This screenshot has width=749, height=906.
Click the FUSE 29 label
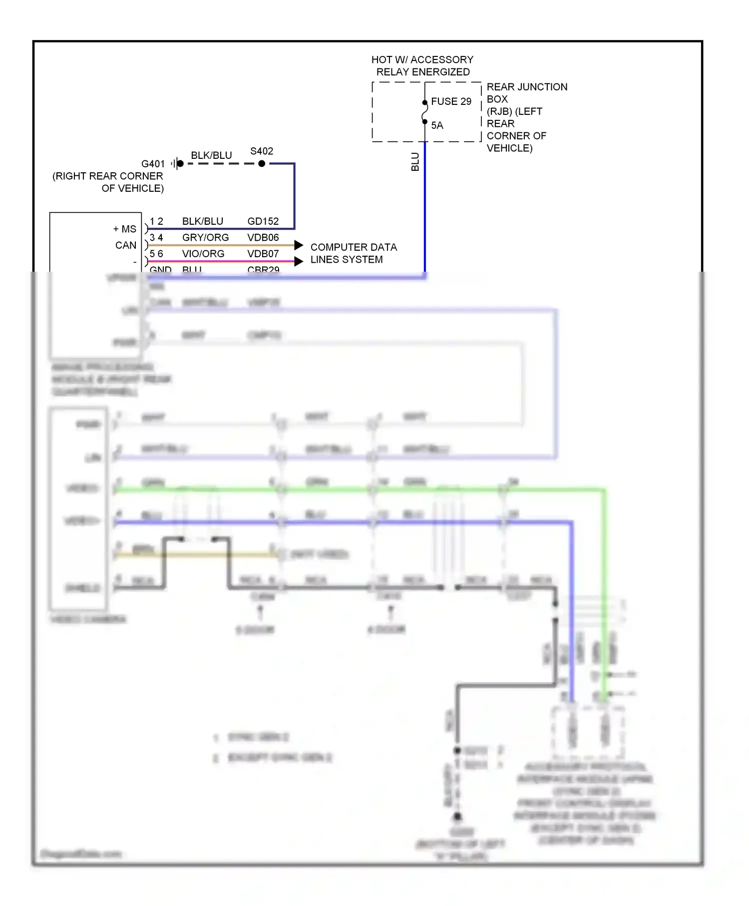451,101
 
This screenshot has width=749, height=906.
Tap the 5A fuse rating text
437,125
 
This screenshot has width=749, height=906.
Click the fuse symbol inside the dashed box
425,112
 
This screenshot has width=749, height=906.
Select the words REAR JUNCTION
527,87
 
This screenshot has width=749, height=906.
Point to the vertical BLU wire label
415,162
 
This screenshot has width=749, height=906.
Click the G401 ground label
153,164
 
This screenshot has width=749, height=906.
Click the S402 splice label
262,151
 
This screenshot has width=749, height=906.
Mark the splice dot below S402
262,163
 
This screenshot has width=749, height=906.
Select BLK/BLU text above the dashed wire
211,155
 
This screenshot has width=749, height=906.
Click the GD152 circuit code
263,221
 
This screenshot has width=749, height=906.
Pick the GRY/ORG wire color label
205,237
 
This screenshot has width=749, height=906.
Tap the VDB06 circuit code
263,237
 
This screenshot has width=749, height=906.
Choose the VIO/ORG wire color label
203,254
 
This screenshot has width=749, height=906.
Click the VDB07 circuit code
263,254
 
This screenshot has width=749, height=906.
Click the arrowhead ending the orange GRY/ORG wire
299,245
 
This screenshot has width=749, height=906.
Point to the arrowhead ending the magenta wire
299,261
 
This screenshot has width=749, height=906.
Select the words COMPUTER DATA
354,247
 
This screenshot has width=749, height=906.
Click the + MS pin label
124,229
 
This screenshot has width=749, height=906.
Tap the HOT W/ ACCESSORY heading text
422,60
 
